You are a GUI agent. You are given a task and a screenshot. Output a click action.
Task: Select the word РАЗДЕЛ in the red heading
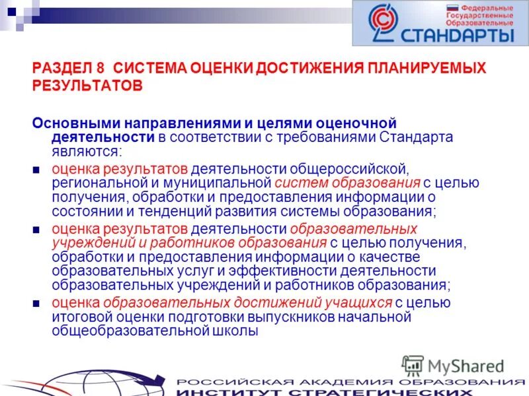click(x=60, y=68)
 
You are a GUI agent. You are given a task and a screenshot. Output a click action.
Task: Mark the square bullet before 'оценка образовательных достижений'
click(x=37, y=304)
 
